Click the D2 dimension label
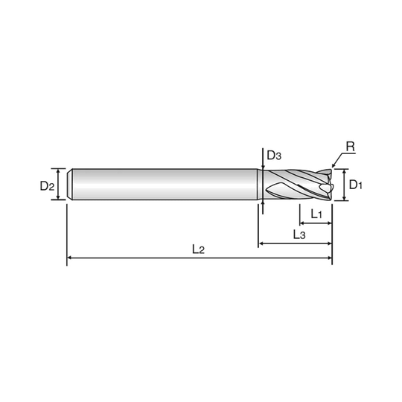coord(47,185)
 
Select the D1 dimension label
coord(356,185)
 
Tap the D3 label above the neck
coord(274,156)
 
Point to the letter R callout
coord(350,147)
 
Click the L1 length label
coord(316,214)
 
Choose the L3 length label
coord(299,234)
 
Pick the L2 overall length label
coord(198,249)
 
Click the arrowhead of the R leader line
coord(334,165)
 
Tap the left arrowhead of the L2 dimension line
coord(69,258)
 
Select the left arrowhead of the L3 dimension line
coord(261,243)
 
